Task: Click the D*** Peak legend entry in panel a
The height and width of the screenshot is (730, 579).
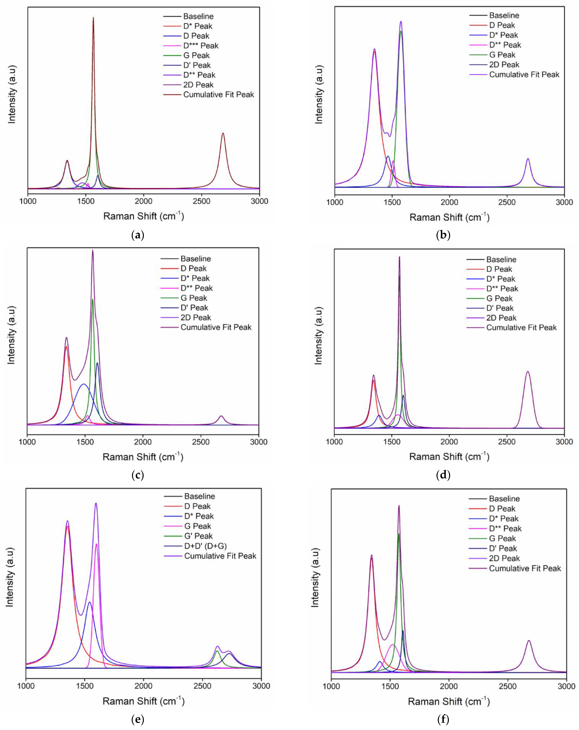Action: pos(201,46)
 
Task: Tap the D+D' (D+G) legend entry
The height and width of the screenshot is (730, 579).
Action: pos(205,546)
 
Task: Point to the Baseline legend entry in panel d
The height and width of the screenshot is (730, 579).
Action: pos(501,260)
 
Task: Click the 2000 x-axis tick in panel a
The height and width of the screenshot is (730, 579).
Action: pos(144,201)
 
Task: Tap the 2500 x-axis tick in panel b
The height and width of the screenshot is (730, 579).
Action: pos(507,202)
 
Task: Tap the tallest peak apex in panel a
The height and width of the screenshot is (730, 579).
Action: pos(93,18)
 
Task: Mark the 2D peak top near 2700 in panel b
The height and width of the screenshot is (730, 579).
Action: pos(528,159)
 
